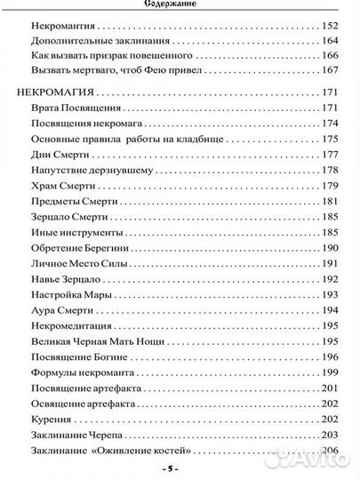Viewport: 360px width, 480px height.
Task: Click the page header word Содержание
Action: [x=180, y=4]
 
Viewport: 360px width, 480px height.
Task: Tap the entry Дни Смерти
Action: [x=57, y=155]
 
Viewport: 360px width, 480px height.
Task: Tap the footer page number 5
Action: [x=180, y=468]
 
